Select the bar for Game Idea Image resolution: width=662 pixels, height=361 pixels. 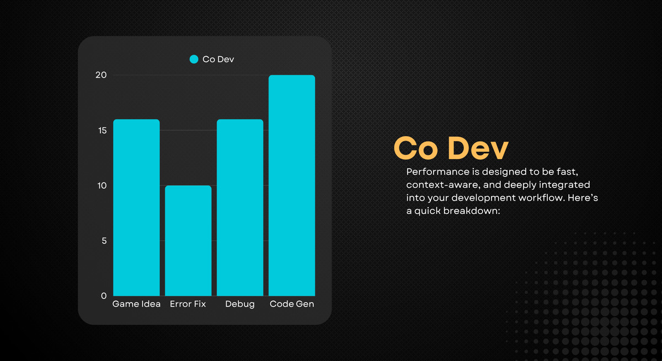tap(136, 207)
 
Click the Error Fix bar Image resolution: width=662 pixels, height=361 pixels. tap(188, 240)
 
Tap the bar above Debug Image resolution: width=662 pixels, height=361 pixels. tap(240, 207)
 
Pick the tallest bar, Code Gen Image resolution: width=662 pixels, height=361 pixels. tap(292, 185)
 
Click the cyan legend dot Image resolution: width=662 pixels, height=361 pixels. tap(194, 59)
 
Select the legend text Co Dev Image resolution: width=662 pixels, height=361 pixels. tap(218, 59)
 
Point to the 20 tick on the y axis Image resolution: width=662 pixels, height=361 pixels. tap(101, 75)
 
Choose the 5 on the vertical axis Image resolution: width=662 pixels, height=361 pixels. tap(104, 240)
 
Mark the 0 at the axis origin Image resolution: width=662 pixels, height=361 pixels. tap(104, 295)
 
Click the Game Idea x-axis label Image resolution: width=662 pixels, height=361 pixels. tap(136, 304)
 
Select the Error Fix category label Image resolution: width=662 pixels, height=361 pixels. tap(188, 304)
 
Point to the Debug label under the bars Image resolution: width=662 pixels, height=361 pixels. tap(240, 304)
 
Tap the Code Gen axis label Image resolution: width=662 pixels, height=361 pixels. tap(292, 304)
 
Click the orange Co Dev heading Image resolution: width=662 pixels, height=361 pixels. tap(451, 148)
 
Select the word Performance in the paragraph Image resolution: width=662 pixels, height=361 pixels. tap(435, 171)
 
